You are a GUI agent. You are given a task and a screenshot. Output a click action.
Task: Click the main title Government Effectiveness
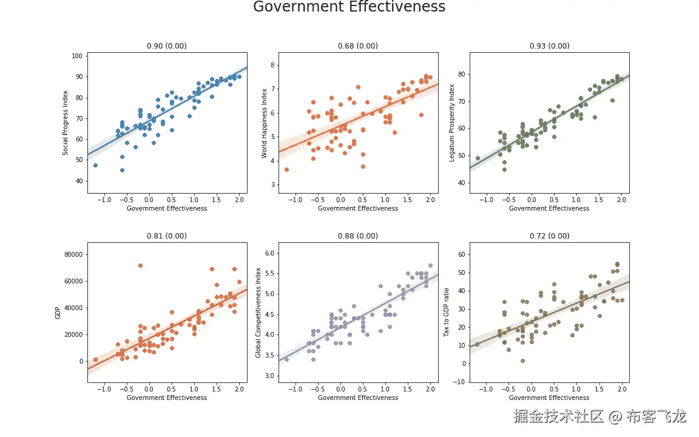click(x=349, y=7)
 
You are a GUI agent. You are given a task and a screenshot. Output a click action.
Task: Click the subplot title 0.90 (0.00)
click(x=167, y=46)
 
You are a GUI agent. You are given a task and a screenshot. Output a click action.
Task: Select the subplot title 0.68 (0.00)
click(x=358, y=46)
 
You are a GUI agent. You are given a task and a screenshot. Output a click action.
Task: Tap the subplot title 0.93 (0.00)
click(x=549, y=46)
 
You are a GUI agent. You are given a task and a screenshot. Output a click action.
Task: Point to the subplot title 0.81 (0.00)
click(x=167, y=236)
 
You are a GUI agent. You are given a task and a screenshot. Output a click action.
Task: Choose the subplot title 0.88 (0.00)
click(x=358, y=236)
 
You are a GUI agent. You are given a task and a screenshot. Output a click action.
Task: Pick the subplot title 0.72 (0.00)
click(x=549, y=236)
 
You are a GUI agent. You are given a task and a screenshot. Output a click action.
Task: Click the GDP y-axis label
click(x=58, y=313)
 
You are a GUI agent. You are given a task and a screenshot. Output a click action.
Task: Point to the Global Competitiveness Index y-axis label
click(x=258, y=313)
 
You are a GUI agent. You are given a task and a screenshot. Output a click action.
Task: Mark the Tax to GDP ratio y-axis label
click(x=447, y=313)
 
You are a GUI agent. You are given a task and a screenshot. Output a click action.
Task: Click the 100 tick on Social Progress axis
click(x=77, y=56)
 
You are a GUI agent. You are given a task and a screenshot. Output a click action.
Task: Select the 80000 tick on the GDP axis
click(x=72, y=254)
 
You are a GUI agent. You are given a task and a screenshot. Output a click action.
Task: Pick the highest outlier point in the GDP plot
click(x=140, y=265)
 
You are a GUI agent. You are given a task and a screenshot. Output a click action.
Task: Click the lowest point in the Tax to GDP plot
click(x=522, y=361)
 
